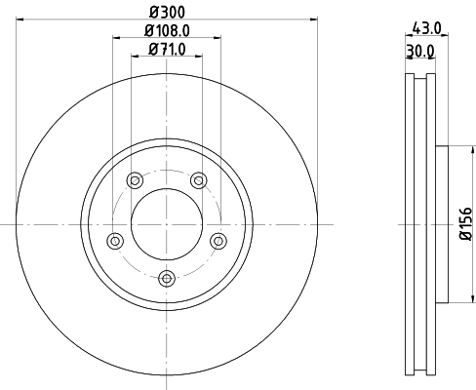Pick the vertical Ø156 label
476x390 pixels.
tap(465, 224)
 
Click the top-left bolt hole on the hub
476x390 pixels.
tap(134, 178)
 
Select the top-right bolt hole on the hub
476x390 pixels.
tap(199, 178)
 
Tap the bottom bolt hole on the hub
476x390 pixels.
tap(167, 279)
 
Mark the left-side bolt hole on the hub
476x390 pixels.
tap(115, 240)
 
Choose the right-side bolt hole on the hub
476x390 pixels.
tap(218, 240)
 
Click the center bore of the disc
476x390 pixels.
tap(167, 223)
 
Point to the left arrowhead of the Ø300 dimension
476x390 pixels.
tap(20, 19)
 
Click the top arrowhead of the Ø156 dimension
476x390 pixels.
tap(457, 149)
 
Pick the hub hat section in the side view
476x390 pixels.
tap(438, 224)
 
